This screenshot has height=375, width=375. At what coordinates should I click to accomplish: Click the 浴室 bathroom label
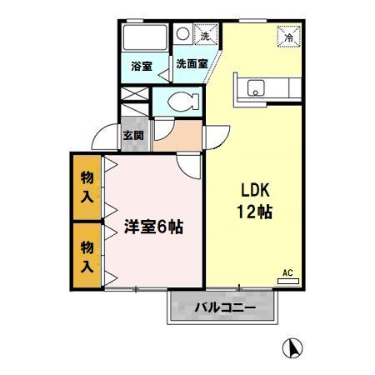coord(142,66)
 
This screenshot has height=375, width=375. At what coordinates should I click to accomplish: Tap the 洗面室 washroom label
coord(191,64)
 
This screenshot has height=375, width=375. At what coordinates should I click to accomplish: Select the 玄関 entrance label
coord(133,135)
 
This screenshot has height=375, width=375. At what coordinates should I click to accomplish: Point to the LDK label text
coord(253,189)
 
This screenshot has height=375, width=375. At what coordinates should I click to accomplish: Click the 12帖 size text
coord(253,211)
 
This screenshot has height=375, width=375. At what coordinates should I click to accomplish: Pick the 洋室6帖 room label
coord(154,226)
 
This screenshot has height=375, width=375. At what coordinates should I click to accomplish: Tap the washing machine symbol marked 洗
coord(203,35)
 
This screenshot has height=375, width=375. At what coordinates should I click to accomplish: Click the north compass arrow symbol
coord(293,347)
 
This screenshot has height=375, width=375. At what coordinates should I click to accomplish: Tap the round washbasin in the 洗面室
coord(182,34)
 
